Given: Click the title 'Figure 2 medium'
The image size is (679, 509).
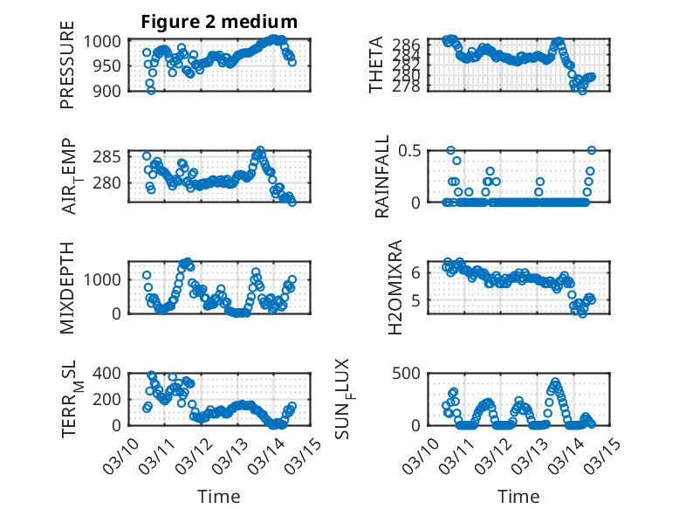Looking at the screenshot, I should click(x=219, y=22).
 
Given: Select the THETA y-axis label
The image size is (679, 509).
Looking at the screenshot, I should click(x=376, y=65).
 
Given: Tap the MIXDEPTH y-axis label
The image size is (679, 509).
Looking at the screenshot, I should click(x=67, y=288).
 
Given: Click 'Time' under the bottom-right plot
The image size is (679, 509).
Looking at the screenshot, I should click(x=518, y=496).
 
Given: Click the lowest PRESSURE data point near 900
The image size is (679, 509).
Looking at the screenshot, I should click(x=151, y=90).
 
